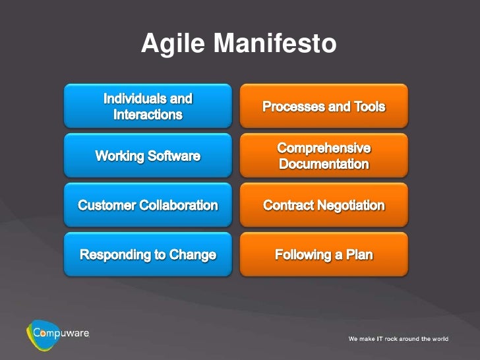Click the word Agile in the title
click(x=173, y=44)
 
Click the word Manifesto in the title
click(x=275, y=43)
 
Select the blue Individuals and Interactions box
click(x=148, y=106)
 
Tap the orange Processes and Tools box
click(x=324, y=106)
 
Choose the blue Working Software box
click(x=148, y=156)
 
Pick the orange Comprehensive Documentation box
click(x=324, y=156)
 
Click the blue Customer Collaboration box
click(x=148, y=205)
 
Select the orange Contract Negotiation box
click(x=324, y=205)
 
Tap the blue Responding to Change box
click(x=148, y=255)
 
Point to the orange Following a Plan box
click(x=324, y=255)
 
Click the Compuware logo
click(x=58, y=334)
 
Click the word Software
click(x=174, y=156)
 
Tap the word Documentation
click(x=324, y=164)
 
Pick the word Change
click(x=193, y=255)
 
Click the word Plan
click(x=359, y=255)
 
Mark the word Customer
click(x=107, y=206)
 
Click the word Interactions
click(x=148, y=115)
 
